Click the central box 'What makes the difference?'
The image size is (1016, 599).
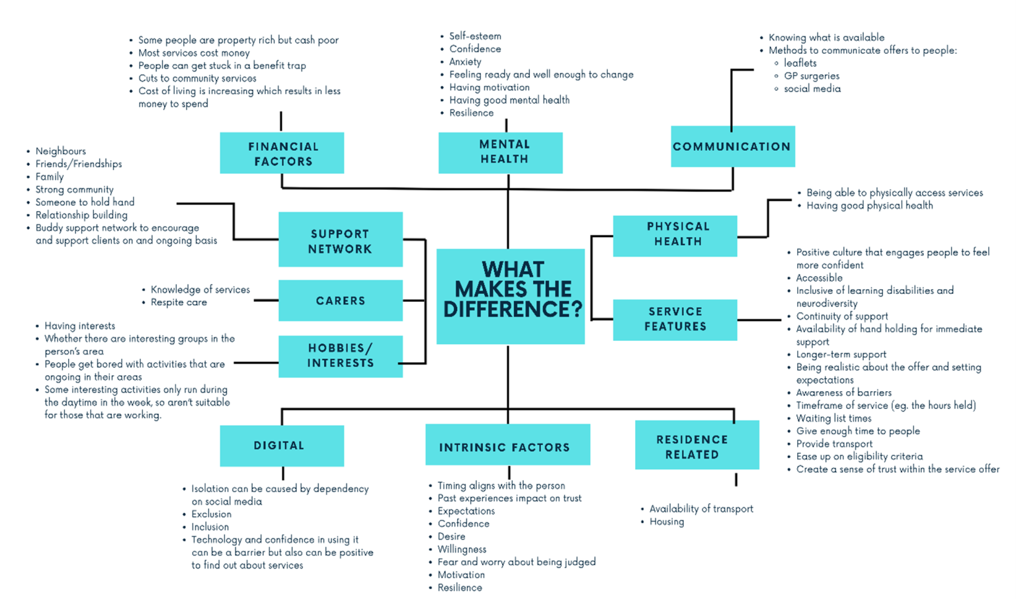coord(511,296)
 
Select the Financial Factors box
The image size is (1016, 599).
coord(282,153)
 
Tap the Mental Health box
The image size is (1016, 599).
coord(501,152)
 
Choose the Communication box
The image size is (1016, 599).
coord(732,146)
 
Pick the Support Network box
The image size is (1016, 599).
coord(340,240)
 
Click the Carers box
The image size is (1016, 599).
coord(340,300)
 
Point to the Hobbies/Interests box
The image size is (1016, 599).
coord(340,356)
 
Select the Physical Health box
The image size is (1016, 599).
coord(675,235)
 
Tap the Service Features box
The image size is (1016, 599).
coord(675,320)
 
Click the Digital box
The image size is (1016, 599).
coord(282,445)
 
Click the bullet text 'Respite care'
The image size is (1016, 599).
coord(179,302)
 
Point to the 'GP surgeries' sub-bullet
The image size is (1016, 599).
coord(812,76)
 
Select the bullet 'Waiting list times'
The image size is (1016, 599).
coord(833,418)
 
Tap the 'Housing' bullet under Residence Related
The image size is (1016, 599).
coord(667,522)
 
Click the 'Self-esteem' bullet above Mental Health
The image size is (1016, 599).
coord(475,36)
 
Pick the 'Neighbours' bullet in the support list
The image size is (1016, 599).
coord(61,151)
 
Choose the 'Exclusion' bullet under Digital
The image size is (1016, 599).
coord(211,514)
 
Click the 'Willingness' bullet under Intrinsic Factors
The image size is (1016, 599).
coord(462,549)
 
